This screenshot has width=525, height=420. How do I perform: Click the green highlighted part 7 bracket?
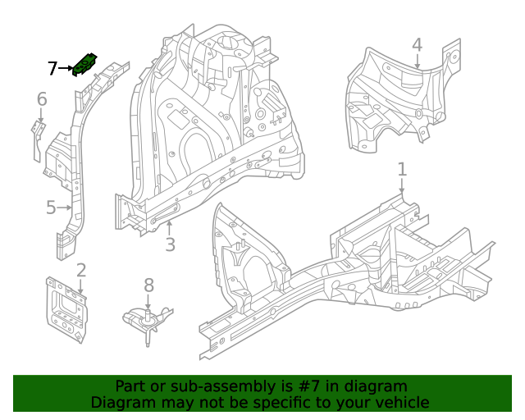click(86, 64)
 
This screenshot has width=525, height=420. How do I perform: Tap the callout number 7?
click(52, 69)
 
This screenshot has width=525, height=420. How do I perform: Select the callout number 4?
click(417, 45)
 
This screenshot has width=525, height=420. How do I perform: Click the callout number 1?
click(402, 170)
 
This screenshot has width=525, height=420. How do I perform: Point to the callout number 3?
click(170, 244)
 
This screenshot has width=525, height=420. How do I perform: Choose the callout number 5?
click(51, 208)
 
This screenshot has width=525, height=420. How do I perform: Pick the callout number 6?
click(42, 100)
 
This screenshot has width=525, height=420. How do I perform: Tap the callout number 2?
click(81, 271)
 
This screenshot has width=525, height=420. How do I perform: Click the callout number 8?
click(148, 285)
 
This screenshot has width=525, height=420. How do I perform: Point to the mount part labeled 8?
click(148, 319)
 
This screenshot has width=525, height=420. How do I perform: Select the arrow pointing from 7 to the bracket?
click(66, 69)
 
